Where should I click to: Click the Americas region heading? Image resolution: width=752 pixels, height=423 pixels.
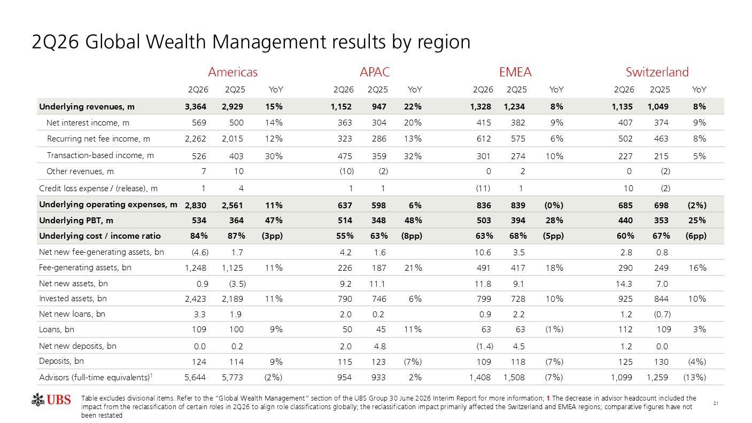click(232, 72)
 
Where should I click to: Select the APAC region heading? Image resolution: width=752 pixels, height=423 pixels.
click(375, 72)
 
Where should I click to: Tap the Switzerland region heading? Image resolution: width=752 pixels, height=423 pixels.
click(657, 72)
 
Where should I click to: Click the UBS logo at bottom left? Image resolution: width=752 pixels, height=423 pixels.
click(51, 399)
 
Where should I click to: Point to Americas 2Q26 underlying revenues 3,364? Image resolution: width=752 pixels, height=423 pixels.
click(196, 107)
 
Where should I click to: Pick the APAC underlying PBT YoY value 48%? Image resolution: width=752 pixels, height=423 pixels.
click(413, 221)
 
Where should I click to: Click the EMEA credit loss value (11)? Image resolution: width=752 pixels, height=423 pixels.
click(483, 189)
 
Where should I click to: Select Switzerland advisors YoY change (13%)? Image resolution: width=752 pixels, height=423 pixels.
click(695, 378)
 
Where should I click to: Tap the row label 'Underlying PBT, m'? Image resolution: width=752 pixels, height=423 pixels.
click(76, 221)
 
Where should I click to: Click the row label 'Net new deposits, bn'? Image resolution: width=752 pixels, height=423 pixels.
click(77, 346)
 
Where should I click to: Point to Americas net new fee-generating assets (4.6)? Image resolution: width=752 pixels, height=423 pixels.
click(200, 252)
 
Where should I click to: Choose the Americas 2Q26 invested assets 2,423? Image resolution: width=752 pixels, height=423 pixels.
click(196, 299)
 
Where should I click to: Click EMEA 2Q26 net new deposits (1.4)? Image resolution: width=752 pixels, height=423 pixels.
click(485, 346)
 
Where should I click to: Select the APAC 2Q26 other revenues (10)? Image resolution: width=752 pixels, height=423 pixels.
click(346, 171)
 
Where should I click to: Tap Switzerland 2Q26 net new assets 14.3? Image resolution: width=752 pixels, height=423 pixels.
click(624, 284)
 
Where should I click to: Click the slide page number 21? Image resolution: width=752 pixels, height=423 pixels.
click(716, 403)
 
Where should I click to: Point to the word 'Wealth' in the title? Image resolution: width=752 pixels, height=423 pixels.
click(176, 42)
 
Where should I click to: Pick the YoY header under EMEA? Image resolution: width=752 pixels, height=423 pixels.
click(556, 90)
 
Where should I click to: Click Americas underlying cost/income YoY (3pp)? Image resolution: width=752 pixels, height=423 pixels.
click(272, 236)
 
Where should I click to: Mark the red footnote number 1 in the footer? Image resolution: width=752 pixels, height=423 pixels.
click(548, 398)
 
